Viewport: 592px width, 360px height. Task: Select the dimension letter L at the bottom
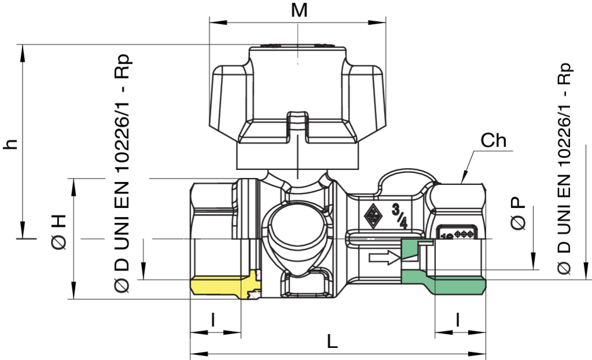tap(332, 342)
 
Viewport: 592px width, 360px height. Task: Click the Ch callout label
tap(494, 140)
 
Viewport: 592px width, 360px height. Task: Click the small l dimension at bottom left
tap(213, 318)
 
